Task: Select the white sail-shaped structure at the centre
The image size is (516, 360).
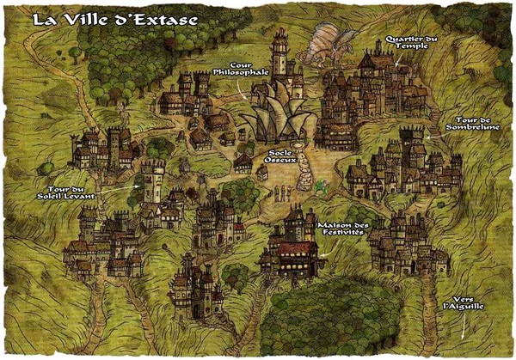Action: coord(275,116)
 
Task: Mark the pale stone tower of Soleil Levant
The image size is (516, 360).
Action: coord(153,180)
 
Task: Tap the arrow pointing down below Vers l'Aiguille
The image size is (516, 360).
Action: coord(464,326)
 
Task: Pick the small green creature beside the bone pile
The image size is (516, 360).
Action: coord(320,184)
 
